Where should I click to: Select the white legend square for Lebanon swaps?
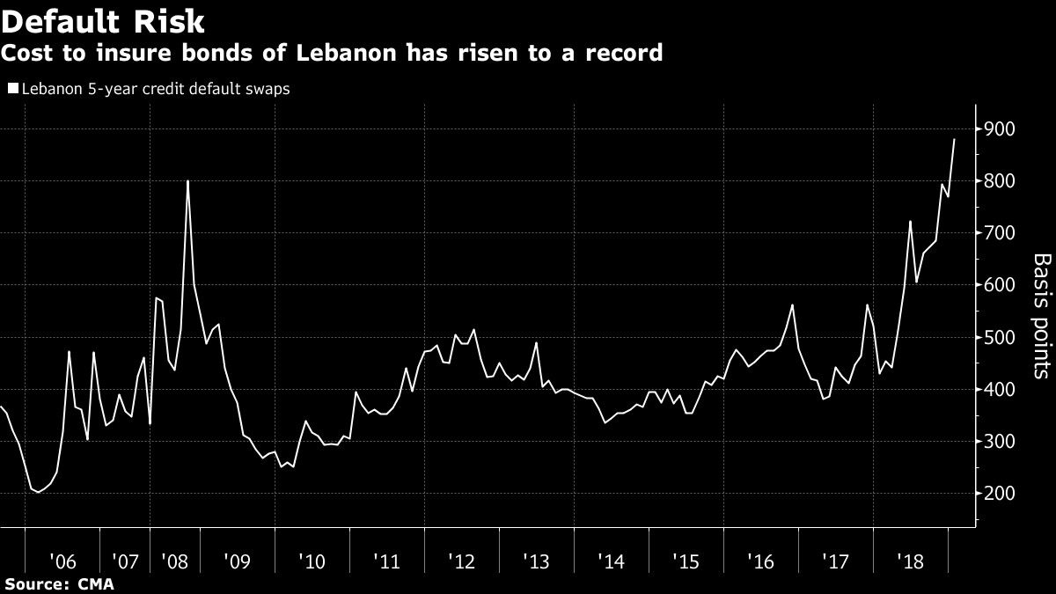click(x=12, y=89)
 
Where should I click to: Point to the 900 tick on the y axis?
click(x=1000, y=129)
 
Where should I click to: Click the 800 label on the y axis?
click(x=1000, y=181)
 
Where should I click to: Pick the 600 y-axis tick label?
click(x=1000, y=285)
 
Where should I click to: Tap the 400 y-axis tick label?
click(x=1000, y=389)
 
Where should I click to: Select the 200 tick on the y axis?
click(x=1000, y=493)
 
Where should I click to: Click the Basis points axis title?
click(x=1039, y=316)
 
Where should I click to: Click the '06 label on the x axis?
click(x=62, y=560)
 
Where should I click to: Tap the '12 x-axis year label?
click(x=463, y=560)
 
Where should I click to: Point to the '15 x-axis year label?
click(x=686, y=560)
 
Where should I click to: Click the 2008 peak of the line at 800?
click(x=188, y=181)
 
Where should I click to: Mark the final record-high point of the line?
click(x=954, y=140)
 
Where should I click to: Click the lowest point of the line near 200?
click(x=37, y=492)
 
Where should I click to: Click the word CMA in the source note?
click(x=94, y=583)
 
